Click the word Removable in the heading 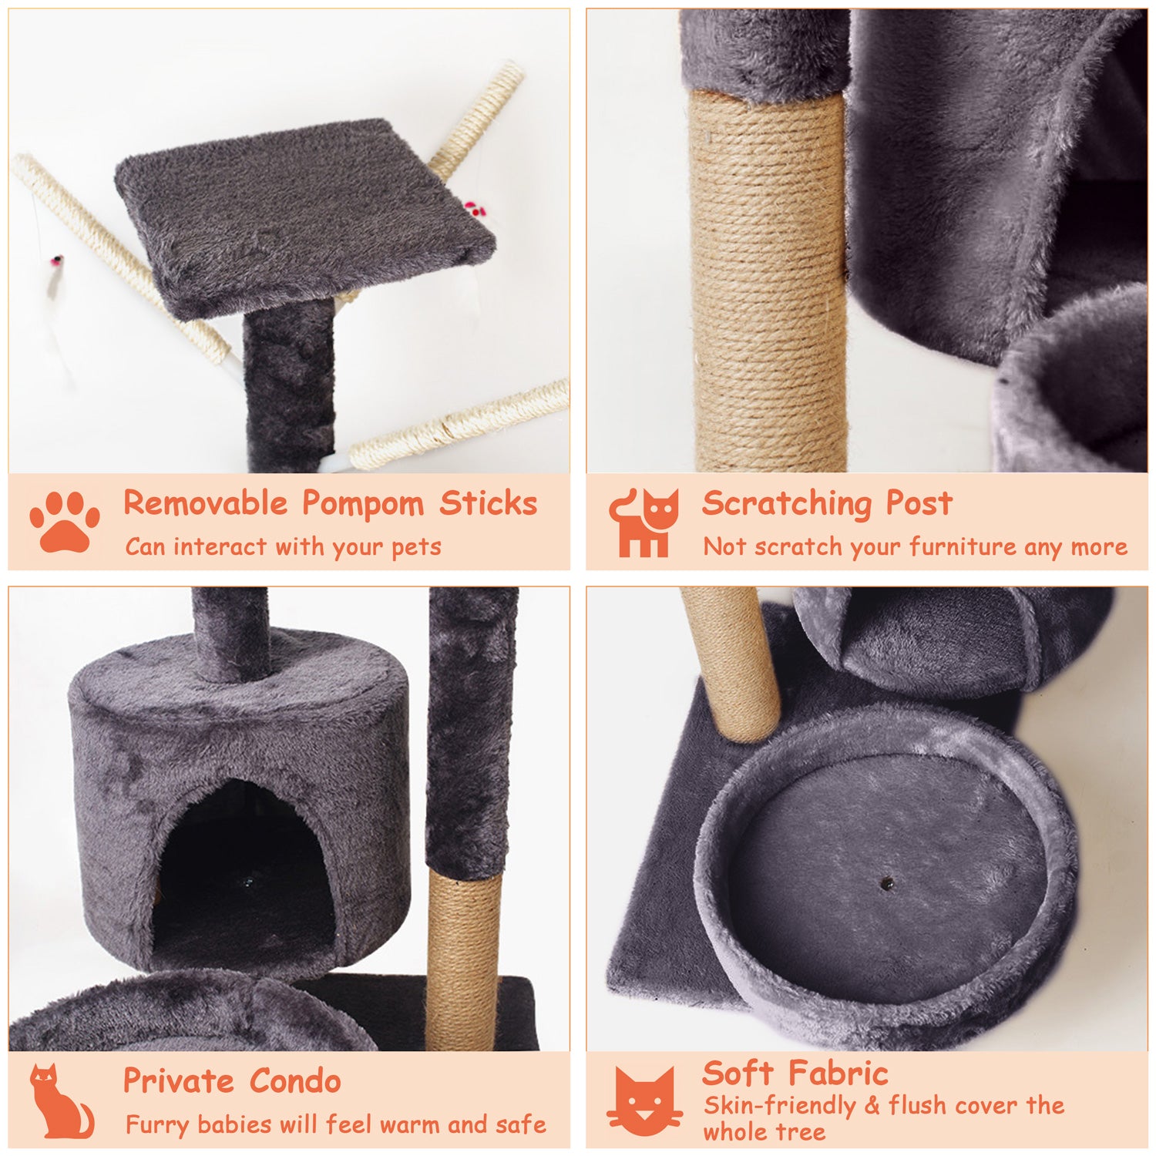point(205,503)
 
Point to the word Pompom point(362,505)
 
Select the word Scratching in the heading point(786,505)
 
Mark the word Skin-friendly point(779,1105)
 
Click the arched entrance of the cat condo point(243,871)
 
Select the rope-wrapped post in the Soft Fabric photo point(732,663)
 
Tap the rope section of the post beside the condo point(463,959)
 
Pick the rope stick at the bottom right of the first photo point(462,424)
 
